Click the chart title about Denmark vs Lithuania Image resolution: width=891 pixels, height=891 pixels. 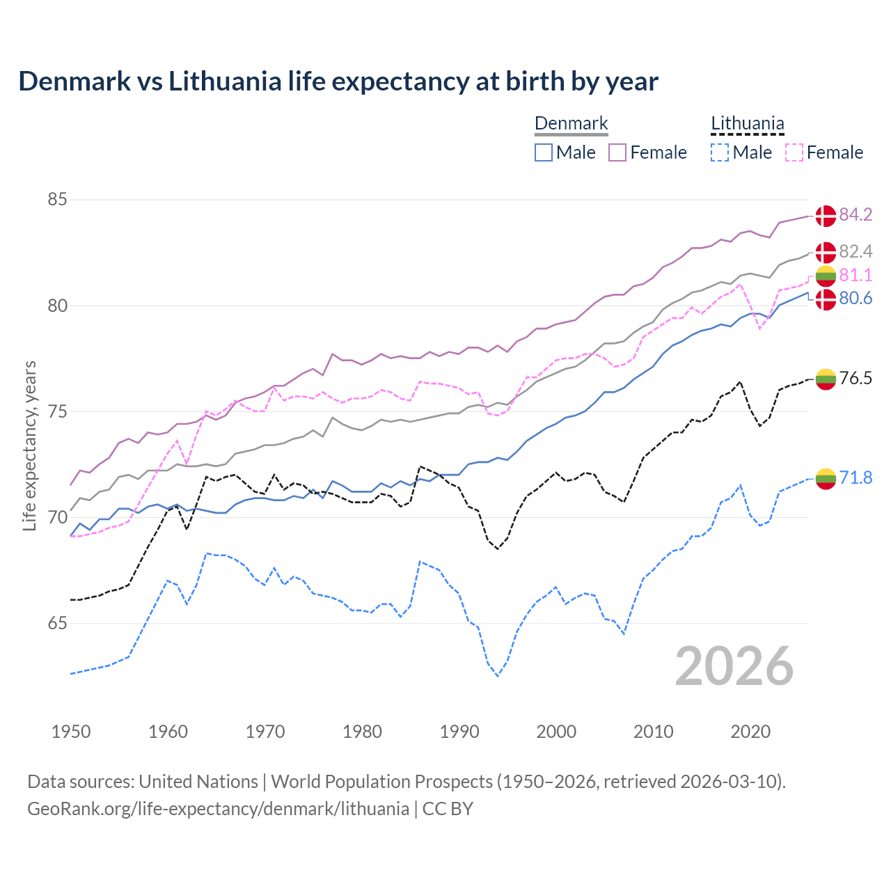338,81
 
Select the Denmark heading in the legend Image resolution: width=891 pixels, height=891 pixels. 571,124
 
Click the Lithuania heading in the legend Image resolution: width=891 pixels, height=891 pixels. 747,124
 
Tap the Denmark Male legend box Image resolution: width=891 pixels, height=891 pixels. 544,152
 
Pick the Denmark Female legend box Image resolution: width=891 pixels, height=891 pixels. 617,152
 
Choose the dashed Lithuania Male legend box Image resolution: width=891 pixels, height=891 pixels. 720,152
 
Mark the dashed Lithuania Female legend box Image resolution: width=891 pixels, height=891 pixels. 794,152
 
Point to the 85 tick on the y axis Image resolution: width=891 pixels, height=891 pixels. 57,200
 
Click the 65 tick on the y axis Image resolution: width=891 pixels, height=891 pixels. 57,624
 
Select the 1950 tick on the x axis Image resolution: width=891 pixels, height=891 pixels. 71,732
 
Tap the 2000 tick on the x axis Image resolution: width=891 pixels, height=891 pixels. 556,732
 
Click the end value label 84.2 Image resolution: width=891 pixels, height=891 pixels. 855,215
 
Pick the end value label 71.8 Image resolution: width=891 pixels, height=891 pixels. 855,478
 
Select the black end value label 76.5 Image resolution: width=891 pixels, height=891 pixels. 855,379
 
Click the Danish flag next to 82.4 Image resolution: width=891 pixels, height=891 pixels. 826,252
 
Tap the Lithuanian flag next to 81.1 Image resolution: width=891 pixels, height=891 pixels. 826,276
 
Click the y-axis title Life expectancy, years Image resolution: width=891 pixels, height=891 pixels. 30,445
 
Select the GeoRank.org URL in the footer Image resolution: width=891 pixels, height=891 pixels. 218,809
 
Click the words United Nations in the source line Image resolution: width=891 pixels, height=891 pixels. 198,782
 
